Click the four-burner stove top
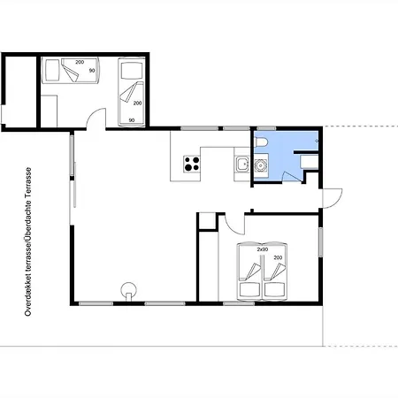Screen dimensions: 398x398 point(192,164)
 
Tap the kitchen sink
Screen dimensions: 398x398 point(242,164)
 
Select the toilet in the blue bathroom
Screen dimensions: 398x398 point(261,142)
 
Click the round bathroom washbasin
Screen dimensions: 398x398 point(260,165)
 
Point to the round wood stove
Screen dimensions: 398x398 point(129,291)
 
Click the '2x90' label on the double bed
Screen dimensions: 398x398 point(263,249)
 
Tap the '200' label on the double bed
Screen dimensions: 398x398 point(278,257)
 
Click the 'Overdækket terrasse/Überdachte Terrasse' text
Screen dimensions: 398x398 point(28,241)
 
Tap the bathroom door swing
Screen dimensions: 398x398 point(292,176)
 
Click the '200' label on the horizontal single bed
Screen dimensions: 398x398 point(80,62)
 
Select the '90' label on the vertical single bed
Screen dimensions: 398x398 point(132,120)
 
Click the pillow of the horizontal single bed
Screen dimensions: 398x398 point(52,70)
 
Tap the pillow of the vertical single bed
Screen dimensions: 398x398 point(132,71)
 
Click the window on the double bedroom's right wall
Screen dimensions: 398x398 point(321,241)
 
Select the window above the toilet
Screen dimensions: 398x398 point(266,128)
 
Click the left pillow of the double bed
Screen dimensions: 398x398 point(250,289)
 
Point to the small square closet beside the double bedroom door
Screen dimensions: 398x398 point(208,220)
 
